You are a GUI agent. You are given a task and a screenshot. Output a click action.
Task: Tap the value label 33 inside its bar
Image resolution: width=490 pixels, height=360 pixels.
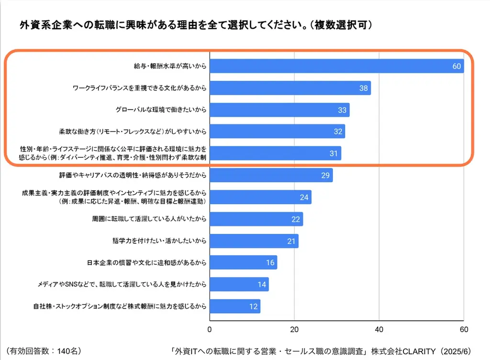pos(342,110)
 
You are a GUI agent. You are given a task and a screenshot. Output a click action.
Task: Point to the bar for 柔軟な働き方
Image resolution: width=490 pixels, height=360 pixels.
pos(277,131)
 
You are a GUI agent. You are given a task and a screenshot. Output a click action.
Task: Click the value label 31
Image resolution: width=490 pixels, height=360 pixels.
pos(334,153)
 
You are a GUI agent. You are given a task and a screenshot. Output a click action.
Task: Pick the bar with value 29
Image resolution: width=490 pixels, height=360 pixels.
pos(271,175)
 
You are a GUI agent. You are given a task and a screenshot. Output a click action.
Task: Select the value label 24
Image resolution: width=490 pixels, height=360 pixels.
pos(304,197)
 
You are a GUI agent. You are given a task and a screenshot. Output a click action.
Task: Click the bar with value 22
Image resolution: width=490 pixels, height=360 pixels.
pos(256,219)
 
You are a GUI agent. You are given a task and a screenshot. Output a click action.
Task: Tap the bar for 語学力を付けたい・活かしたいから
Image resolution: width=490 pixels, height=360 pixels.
pos(254,241)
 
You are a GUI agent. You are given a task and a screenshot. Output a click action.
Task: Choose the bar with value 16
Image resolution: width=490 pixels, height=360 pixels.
pos(243,262)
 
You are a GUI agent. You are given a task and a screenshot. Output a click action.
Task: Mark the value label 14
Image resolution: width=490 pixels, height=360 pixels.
pos(262,284)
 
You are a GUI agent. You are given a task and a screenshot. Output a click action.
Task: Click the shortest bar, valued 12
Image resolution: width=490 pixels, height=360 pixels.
pos(235,306)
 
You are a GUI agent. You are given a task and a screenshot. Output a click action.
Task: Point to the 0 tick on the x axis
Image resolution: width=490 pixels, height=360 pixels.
pos(210,329)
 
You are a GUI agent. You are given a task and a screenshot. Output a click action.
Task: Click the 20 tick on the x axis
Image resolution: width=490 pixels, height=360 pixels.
pos(294,329)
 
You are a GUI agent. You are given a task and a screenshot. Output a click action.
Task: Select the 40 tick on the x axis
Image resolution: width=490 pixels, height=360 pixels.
pos(379,329)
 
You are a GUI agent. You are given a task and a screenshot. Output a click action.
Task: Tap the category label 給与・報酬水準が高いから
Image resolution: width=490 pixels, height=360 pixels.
pos(170,66)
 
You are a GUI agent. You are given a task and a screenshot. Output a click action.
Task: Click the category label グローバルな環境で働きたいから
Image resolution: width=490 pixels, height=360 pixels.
pos(161,110)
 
